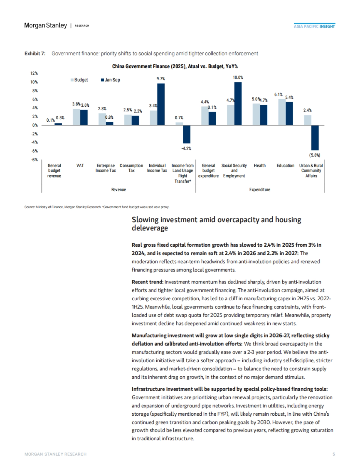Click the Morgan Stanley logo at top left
[x=45, y=25]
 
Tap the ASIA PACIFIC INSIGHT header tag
[x=314, y=26]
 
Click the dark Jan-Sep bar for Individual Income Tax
[x=161, y=104]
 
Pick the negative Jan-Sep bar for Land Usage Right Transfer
[x=187, y=134]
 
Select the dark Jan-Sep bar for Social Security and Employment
[x=238, y=104]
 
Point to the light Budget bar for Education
[x=282, y=112]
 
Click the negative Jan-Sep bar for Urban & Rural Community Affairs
[x=315, y=138]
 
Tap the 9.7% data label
[x=161, y=79]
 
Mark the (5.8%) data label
[x=315, y=155]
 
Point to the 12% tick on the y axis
[x=34, y=73]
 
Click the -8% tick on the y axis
[x=34, y=160]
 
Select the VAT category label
[x=80, y=165]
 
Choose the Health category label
[x=260, y=165]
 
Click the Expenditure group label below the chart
[x=260, y=190]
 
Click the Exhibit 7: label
[x=35, y=53]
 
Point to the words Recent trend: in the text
[x=147, y=282]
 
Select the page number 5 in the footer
[x=334, y=454]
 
